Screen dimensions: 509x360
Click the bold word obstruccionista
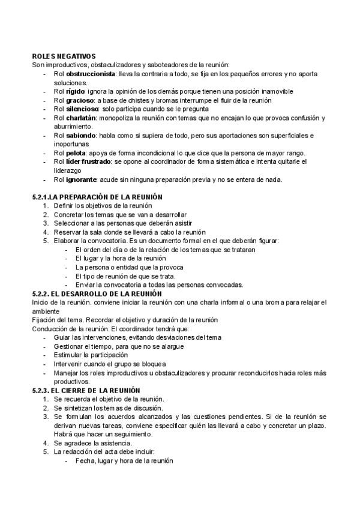[x=91, y=74]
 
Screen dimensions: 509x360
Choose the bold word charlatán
[x=82, y=118]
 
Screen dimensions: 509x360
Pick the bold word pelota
[x=76, y=153]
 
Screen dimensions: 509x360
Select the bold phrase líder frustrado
[x=89, y=162]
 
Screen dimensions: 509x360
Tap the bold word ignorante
[x=82, y=179]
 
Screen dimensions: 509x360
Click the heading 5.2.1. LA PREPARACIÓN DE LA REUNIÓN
[x=97, y=197]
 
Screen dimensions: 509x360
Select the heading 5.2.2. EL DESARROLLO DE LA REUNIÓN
[x=97, y=294]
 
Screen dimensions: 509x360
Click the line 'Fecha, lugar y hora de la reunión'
[x=124, y=461]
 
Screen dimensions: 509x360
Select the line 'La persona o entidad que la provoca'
[x=130, y=267]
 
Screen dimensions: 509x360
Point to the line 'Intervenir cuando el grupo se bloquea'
[x=110, y=364]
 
